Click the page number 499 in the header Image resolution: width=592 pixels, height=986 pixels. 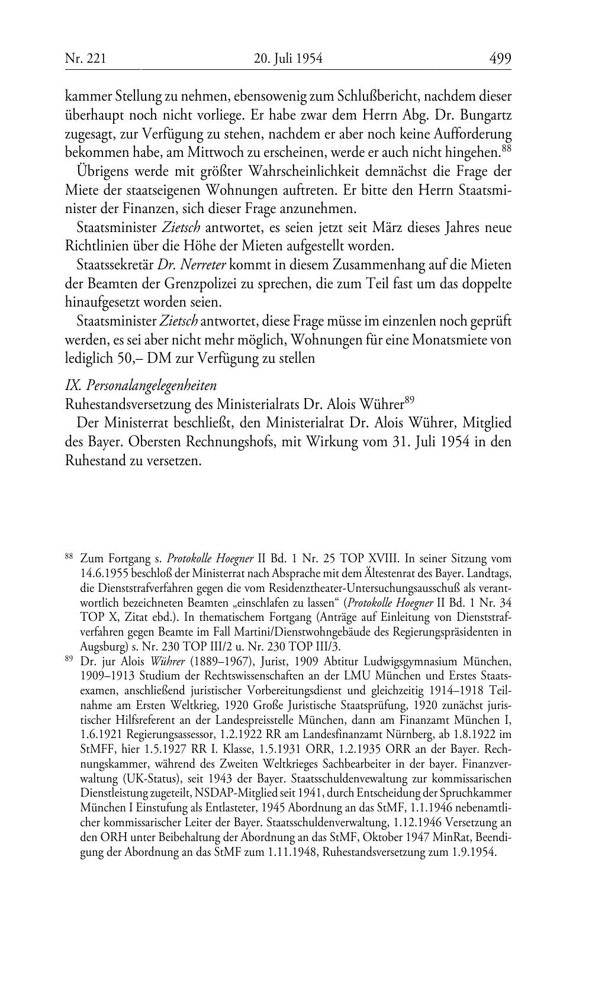500,59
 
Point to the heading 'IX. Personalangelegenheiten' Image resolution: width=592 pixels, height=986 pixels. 141,385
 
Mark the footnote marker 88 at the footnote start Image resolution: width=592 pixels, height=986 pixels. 69,556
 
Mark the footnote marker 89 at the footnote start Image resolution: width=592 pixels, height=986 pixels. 69,658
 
